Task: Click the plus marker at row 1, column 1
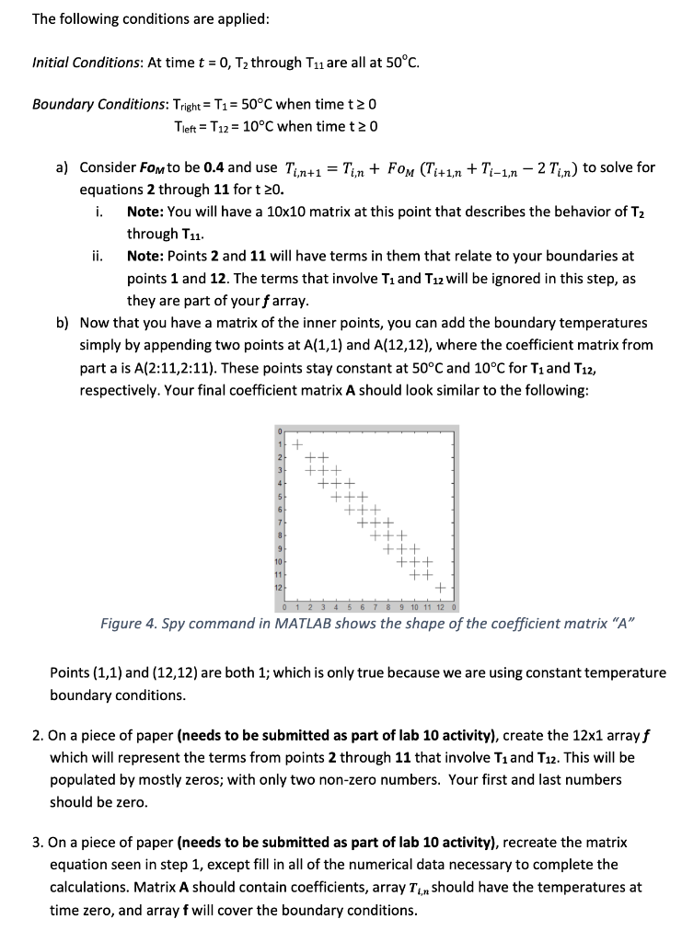pos(296,442)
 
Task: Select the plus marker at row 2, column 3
pos(323,455)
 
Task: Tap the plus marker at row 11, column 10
pos(413,573)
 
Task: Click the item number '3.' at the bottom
pos(38,843)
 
